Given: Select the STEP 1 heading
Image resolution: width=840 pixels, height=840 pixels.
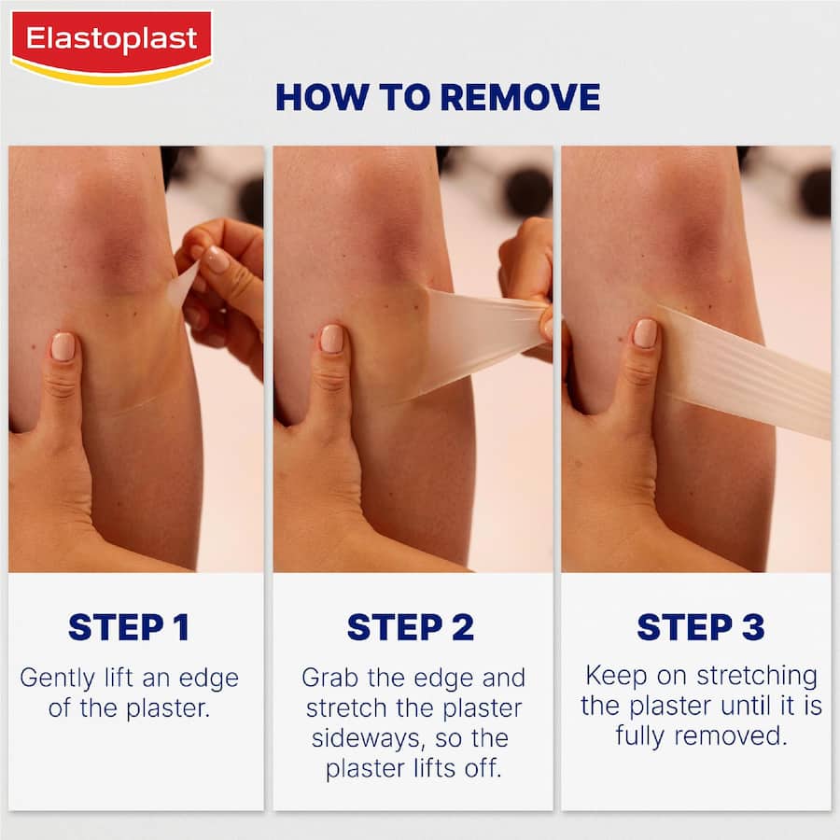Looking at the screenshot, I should click(129, 627).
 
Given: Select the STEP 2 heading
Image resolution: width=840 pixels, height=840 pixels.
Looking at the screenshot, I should click(411, 627).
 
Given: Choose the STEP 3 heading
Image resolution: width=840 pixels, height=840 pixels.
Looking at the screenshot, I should click(700, 627).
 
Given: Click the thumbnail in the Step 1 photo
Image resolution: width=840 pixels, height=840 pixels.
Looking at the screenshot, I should click(63, 346).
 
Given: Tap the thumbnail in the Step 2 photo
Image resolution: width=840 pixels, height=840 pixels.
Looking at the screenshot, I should click(331, 339).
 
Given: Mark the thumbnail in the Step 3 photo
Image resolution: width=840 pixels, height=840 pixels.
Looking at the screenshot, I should click(645, 333).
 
